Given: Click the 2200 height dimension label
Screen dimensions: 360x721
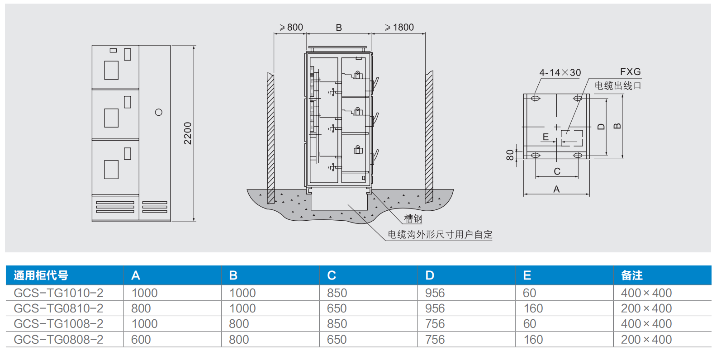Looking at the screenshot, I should [x=188, y=133].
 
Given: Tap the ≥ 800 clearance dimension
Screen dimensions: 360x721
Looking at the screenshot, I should [x=291, y=28].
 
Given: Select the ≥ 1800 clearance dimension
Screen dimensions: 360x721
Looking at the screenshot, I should [x=399, y=28].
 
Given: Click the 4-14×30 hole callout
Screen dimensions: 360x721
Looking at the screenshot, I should [x=560, y=72].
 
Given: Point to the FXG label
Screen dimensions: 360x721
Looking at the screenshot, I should [x=630, y=72].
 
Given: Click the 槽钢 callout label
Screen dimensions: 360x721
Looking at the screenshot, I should [x=413, y=219].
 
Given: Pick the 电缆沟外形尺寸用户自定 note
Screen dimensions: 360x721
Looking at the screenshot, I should [x=440, y=235].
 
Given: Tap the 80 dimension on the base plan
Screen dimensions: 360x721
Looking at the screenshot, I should [x=510, y=155].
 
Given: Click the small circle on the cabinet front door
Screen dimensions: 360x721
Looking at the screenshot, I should [x=158, y=112].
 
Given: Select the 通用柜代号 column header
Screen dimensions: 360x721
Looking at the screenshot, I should [x=41, y=275].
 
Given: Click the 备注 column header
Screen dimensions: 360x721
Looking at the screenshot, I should [x=632, y=275].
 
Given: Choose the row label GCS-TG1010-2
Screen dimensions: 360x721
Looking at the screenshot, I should [x=58, y=293].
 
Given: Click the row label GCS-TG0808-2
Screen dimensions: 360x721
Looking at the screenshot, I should [x=58, y=340].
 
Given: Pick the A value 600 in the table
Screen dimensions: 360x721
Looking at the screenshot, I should [x=141, y=340].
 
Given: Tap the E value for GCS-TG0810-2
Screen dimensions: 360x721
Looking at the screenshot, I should [x=533, y=308].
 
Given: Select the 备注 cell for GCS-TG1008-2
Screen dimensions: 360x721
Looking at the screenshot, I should [x=646, y=324].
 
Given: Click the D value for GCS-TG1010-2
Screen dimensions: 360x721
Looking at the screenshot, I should [x=435, y=293].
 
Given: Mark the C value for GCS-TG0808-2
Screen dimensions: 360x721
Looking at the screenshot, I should [x=337, y=340].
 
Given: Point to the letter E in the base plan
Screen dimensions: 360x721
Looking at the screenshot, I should [x=545, y=137].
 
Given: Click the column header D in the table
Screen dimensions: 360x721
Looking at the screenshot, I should [x=430, y=275].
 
